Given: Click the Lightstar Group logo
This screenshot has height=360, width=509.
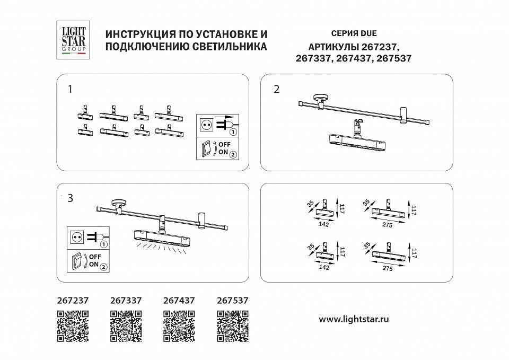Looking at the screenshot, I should pos(72,38).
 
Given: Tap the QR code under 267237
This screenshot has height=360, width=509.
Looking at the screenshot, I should pos(72,326).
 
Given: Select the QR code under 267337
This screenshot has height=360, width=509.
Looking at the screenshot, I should pos(126,326).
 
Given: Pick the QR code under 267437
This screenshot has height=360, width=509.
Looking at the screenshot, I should pos(179,326).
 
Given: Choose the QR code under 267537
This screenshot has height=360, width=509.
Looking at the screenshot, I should pos(233,326).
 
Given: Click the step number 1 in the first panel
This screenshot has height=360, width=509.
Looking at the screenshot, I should pos(70,89).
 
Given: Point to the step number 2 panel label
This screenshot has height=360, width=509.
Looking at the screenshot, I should pos(276,89).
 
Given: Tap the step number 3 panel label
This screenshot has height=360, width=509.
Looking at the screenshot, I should pos(70,198).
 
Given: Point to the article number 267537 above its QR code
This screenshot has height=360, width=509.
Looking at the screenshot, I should pos(233,300).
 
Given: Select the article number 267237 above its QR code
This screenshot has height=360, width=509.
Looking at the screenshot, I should pos(72,300).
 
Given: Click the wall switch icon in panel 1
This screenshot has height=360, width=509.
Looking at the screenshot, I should pos(205,149).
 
